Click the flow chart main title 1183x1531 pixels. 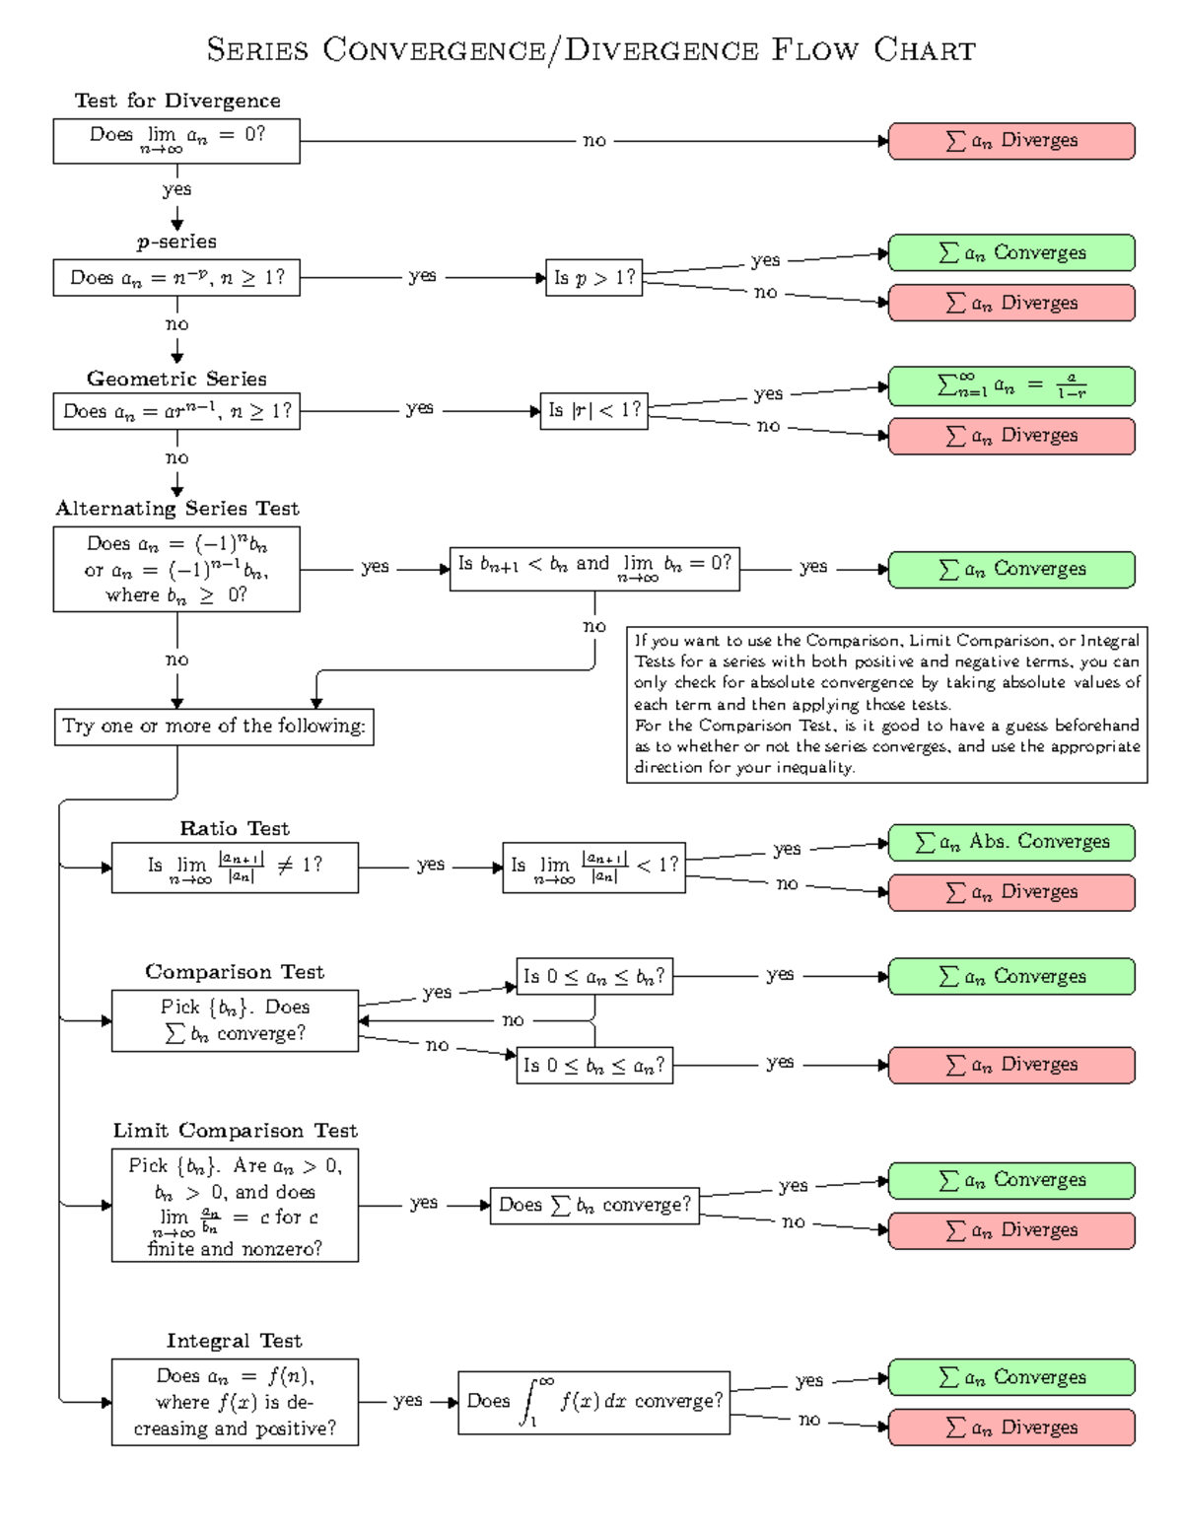click(x=591, y=49)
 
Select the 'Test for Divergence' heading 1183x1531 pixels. click(x=177, y=101)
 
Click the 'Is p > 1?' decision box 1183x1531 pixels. click(x=593, y=278)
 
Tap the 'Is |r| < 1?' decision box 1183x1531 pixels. click(x=593, y=410)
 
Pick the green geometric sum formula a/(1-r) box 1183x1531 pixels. click(x=1011, y=385)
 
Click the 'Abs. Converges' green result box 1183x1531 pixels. click(x=1011, y=842)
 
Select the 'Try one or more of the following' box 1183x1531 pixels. click(x=213, y=727)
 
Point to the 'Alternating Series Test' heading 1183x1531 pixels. click(x=177, y=509)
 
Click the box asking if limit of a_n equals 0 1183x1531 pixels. click(x=176, y=141)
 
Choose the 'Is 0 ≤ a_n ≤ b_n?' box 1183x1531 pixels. click(x=593, y=976)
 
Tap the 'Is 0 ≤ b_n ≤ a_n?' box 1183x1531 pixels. click(x=593, y=1065)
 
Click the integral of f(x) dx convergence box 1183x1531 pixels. click(x=593, y=1402)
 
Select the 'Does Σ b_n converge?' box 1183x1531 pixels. click(x=593, y=1205)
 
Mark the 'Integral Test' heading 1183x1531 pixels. click(x=235, y=1341)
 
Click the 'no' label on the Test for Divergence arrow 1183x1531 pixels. click(x=594, y=141)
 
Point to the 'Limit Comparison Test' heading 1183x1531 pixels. click(x=235, y=1131)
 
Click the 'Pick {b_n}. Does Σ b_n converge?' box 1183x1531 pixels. click(x=235, y=1020)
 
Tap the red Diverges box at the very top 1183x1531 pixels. click(x=1011, y=141)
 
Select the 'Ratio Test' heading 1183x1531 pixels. click(x=235, y=828)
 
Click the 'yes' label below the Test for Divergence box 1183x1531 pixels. click(x=176, y=189)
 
